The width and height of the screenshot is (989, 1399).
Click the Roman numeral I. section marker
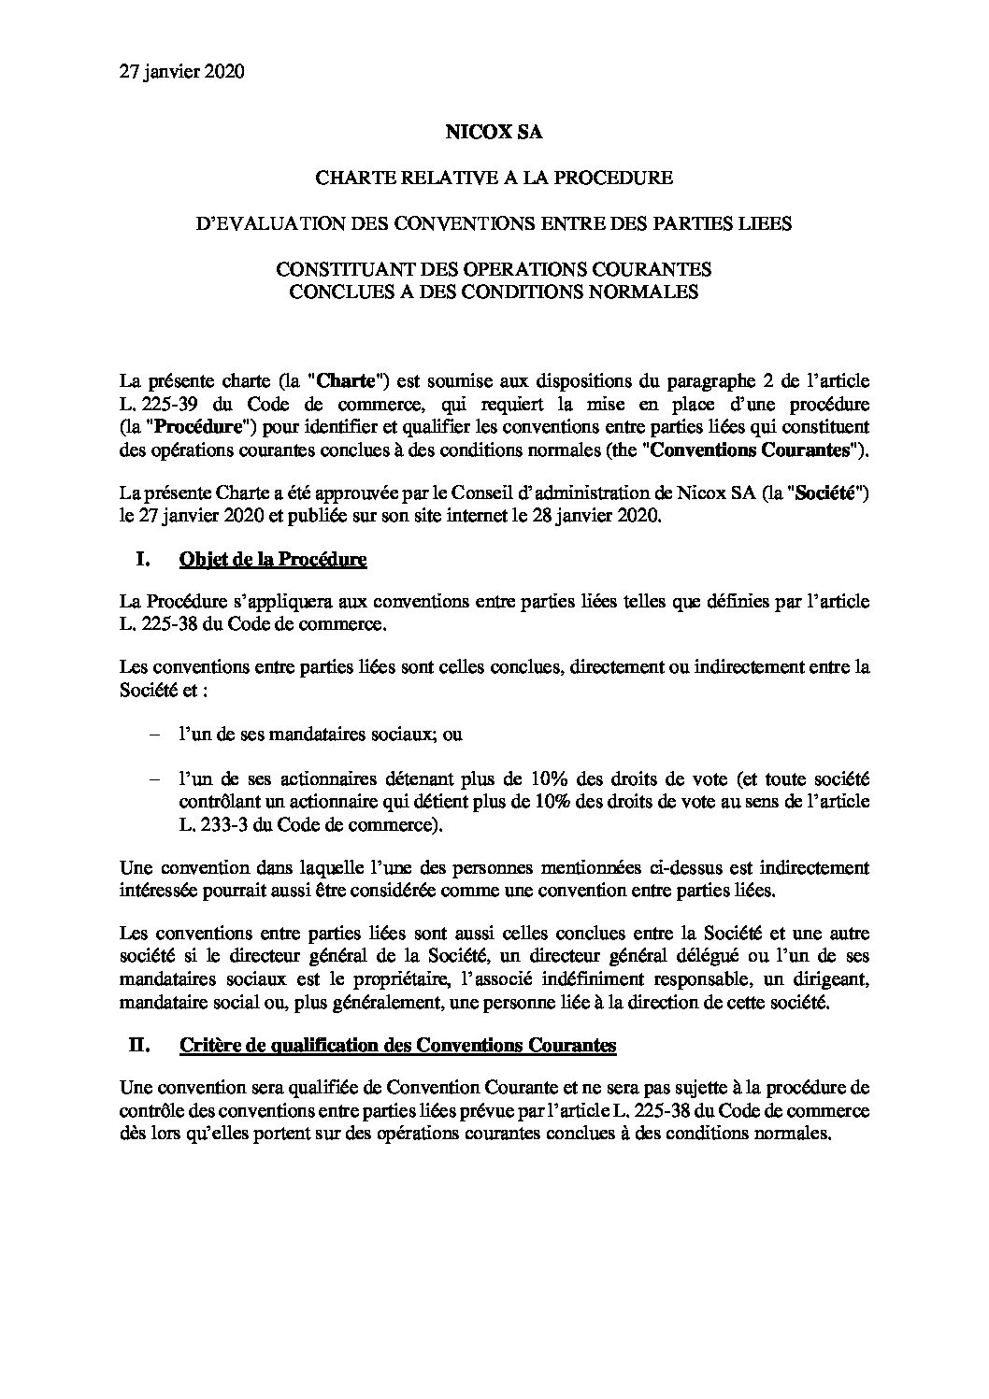pos(143,560)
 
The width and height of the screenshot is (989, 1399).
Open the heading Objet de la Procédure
pos(272,560)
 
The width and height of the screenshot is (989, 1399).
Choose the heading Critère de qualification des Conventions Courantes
pos(396,1045)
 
